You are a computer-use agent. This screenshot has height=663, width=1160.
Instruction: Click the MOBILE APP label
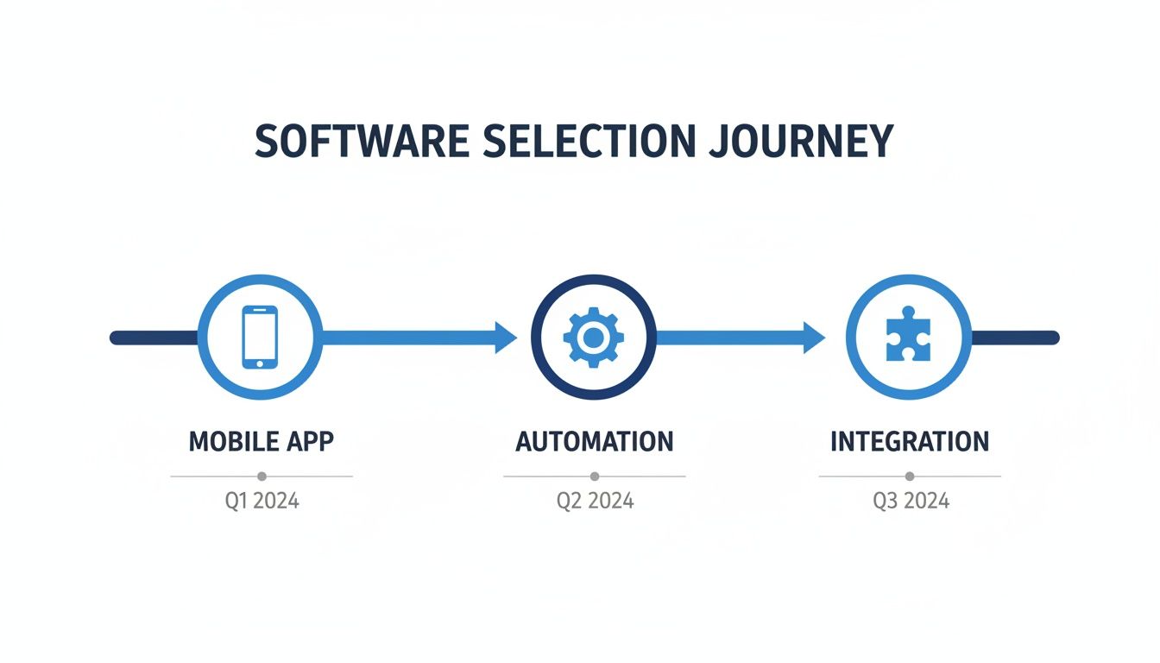pyautogui.click(x=261, y=441)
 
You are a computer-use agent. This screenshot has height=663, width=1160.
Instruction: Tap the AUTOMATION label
pyautogui.click(x=594, y=441)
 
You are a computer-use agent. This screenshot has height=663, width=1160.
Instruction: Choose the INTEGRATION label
pyautogui.click(x=909, y=441)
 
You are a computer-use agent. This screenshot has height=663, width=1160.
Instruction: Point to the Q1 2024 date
pyautogui.click(x=262, y=501)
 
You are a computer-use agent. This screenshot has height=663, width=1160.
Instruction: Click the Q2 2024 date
pyautogui.click(x=595, y=501)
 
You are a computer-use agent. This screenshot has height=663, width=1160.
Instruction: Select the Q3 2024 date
pyautogui.click(x=911, y=501)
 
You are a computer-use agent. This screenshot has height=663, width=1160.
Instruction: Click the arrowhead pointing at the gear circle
pyautogui.click(x=505, y=338)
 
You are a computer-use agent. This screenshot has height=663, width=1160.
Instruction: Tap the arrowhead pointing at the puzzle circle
pyautogui.click(x=814, y=338)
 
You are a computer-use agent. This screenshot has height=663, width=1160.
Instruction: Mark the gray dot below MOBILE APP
pyautogui.click(x=262, y=476)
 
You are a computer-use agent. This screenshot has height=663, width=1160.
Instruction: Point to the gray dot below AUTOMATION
pyautogui.click(x=594, y=476)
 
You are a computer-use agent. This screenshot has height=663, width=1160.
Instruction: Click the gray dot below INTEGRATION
pyautogui.click(x=910, y=476)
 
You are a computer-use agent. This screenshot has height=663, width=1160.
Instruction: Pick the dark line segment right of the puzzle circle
pyautogui.click(x=1015, y=338)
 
